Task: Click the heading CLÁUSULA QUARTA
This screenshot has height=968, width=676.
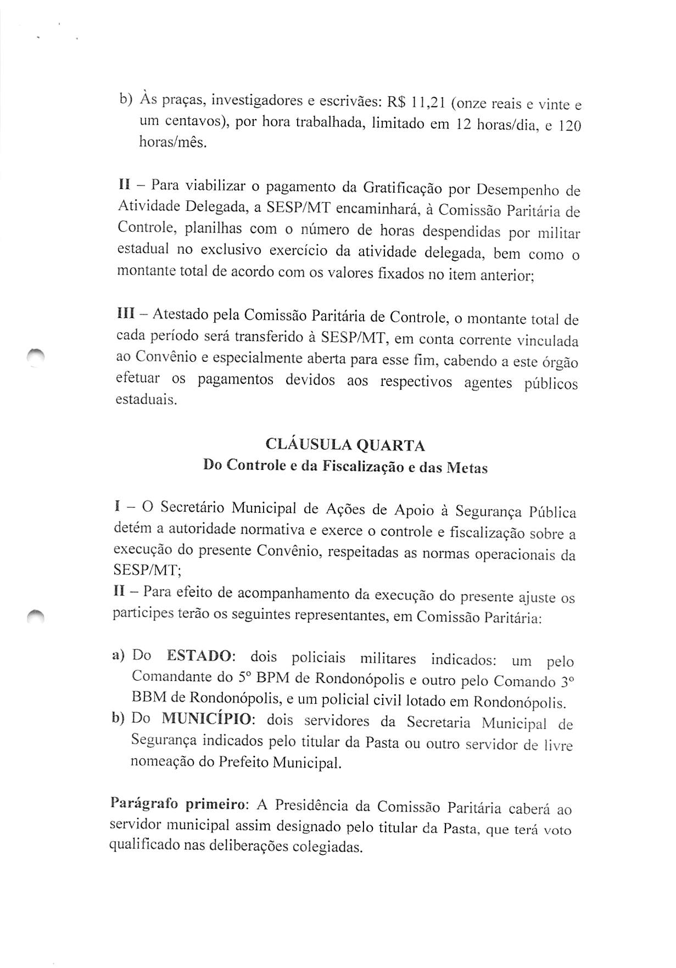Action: pyautogui.click(x=345, y=444)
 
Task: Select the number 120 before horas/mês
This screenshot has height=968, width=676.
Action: pyautogui.click(x=569, y=126)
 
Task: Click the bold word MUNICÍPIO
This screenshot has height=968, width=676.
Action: pyautogui.click(x=208, y=718)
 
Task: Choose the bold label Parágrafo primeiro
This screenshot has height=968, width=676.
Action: pyautogui.click(x=180, y=804)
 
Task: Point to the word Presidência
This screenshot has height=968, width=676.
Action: pyautogui.click(x=311, y=805)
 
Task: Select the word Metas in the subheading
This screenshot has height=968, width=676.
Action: pyautogui.click(x=467, y=468)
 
